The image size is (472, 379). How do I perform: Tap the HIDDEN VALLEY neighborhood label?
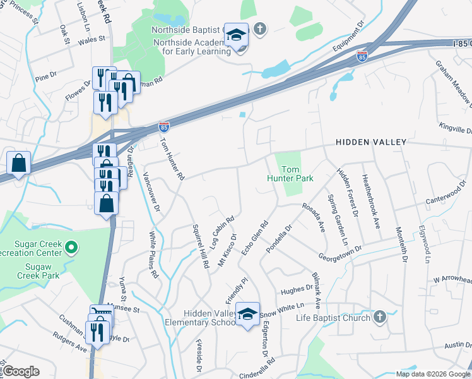click(x=371, y=143)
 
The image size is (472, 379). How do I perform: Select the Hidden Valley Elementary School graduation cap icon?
click(x=248, y=314)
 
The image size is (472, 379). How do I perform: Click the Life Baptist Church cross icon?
click(x=379, y=316)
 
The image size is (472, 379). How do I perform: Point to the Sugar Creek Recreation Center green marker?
click(x=71, y=248)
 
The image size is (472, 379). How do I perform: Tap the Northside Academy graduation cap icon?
click(x=236, y=36)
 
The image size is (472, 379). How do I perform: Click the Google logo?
click(x=20, y=371)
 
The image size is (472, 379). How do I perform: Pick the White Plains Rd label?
click(x=153, y=255)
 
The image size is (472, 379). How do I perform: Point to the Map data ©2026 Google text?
click(x=432, y=373)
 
